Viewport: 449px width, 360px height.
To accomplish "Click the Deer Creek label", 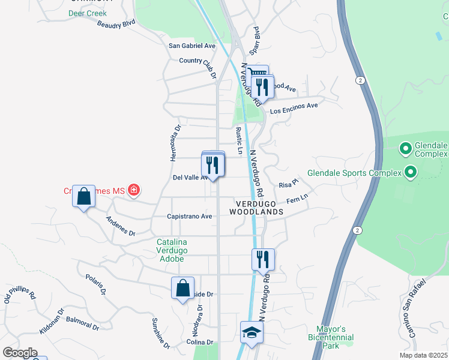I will [87, 13].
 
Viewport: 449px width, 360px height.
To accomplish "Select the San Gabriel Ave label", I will [191, 46].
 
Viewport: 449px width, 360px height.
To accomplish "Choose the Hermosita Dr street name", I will [175, 140].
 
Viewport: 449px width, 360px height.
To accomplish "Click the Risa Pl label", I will [289, 184].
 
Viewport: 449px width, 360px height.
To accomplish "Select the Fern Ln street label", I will [297, 198].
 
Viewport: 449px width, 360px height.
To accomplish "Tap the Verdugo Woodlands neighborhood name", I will [256, 208].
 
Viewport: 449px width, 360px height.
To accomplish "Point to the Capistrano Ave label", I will [190, 216].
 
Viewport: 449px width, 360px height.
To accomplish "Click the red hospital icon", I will [134, 191].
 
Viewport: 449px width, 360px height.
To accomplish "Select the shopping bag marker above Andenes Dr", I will [84, 196].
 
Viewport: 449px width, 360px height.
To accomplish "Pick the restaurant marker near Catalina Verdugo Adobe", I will [263, 259].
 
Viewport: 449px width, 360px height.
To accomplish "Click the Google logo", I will [19, 353].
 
